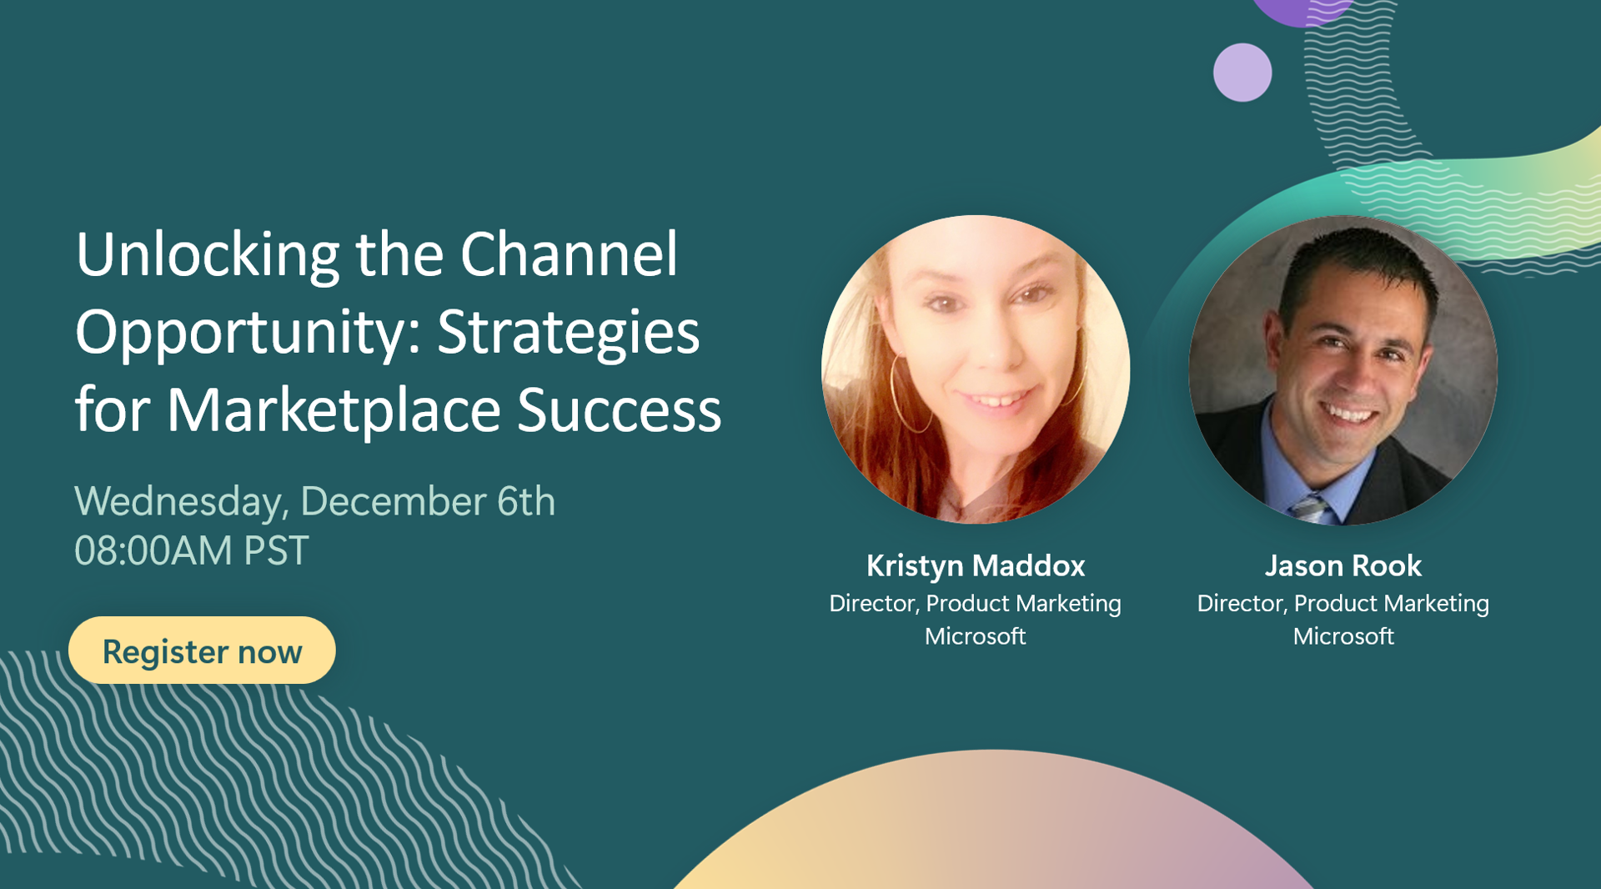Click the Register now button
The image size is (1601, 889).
202,650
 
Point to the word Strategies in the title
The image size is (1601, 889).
568,333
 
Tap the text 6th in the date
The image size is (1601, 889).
525,501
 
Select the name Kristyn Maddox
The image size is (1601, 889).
975,566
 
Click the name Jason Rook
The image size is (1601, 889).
1343,566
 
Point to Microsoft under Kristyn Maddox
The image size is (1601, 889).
975,636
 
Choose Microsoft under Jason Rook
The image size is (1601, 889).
1343,636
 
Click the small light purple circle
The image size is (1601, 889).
1242,73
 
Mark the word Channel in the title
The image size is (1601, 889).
569,255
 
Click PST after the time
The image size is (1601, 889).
275,551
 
